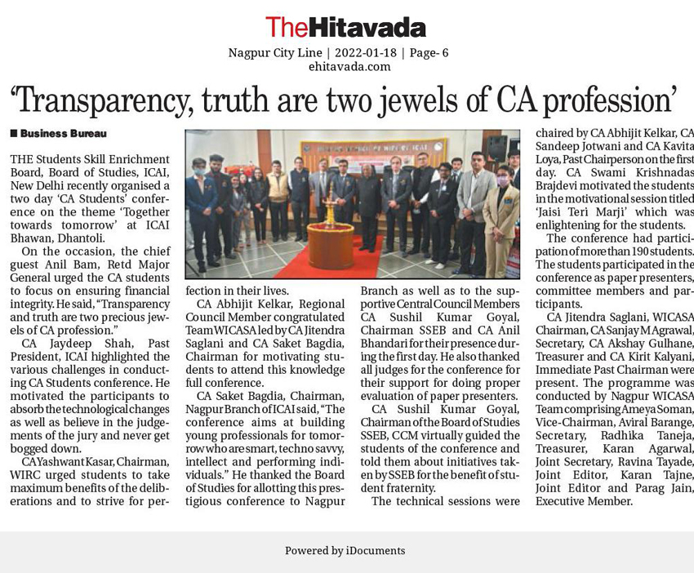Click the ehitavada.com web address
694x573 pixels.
coord(349,66)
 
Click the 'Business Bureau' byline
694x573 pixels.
coord(63,133)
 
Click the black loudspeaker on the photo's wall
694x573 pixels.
coord(496,148)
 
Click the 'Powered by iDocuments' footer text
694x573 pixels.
coord(345,551)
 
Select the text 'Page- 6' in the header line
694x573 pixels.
coord(429,53)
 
